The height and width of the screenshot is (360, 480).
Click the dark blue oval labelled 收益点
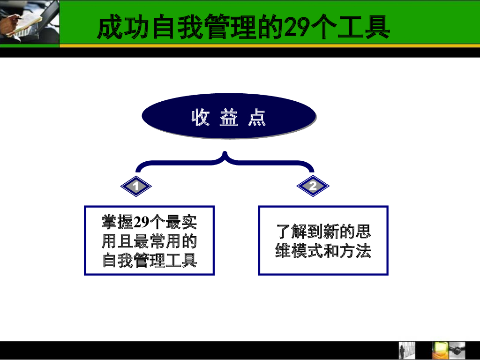click(x=228, y=116)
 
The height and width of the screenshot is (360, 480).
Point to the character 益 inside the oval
click(x=229, y=118)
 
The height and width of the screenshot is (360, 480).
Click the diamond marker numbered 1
click(x=136, y=187)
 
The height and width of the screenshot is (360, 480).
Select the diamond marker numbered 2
click(x=313, y=186)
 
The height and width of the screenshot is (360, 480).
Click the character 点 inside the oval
click(x=257, y=118)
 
